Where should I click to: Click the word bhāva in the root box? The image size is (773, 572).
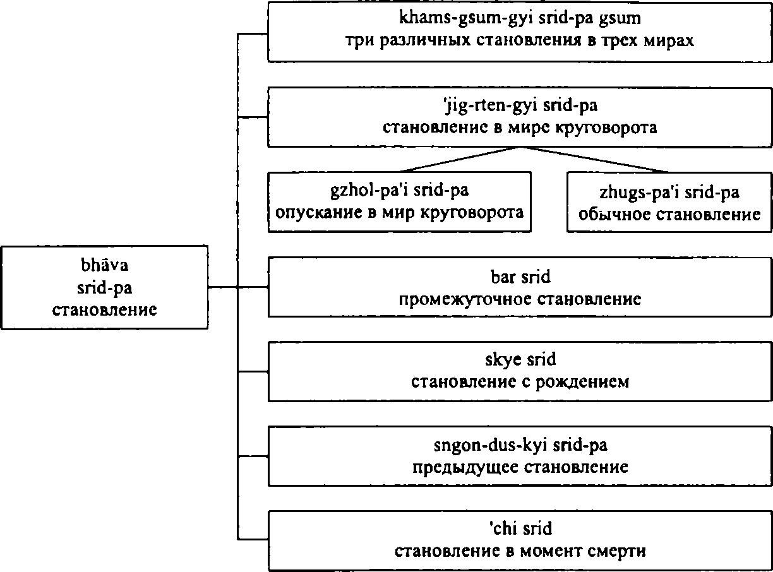(x=105, y=265)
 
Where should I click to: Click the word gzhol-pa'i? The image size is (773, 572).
(x=369, y=191)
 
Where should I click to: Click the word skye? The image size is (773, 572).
(x=502, y=360)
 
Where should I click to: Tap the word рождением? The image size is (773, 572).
(x=582, y=383)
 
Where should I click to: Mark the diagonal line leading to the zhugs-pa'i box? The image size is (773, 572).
(x=594, y=159)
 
